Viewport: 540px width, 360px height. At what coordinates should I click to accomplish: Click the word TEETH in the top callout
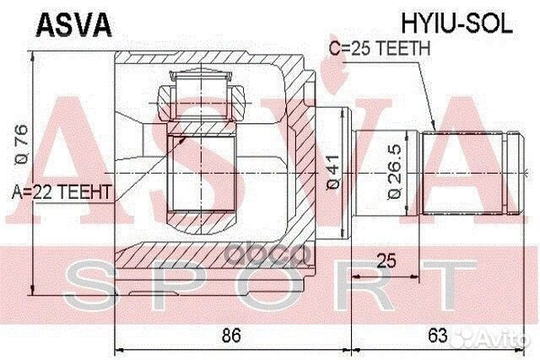pyautogui.click(x=408, y=50)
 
